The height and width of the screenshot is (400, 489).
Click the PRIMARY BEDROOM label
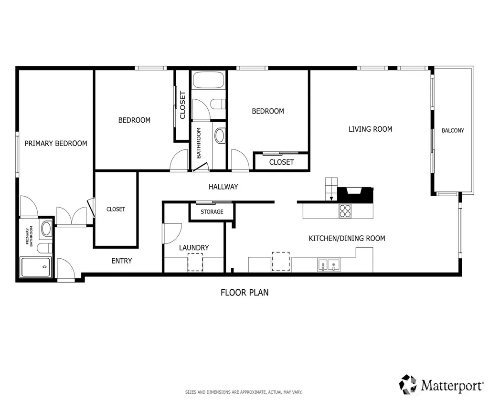(x=56, y=143)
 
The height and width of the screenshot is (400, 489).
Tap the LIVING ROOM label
(x=370, y=129)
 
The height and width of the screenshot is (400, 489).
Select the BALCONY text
(x=453, y=130)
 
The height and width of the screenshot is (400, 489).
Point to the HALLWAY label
(x=223, y=187)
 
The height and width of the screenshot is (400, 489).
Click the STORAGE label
(x=212, y=211)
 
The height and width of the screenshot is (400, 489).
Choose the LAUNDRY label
(x=194, y=248)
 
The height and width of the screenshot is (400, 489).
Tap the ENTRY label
(x=122, y=261)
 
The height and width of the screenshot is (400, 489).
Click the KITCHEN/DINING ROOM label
(x=347, y=238)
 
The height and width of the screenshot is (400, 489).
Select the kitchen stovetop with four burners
(x=345, y=211)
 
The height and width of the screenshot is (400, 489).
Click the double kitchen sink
(x=329, y=265)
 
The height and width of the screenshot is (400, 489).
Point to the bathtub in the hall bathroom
(x=209, y=80)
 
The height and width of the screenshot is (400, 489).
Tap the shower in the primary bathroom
(x=35, y=267)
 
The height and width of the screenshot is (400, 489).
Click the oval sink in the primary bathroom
(x=47, y=228)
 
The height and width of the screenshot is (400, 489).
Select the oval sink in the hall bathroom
(x=220, y=136)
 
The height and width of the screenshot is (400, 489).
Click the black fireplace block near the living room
(x=355, y=195)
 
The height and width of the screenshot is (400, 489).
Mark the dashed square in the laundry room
(x=195, y=262)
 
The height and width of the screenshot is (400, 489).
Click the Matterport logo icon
(x=408, y=384)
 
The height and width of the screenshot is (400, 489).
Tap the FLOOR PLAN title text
(x=244, y=293)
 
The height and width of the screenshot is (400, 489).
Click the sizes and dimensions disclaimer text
(x=244, y=392)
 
